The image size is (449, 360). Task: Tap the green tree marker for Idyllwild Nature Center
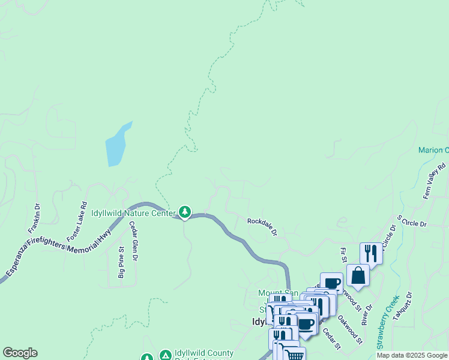pyautogui.click(x=185, y=212)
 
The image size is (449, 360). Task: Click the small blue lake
pyautogui.click(x=118, y=145)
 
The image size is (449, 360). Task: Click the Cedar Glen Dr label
pyautogui.click(x=134, y=241)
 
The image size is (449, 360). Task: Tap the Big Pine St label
pyautogui.click(x=121, y=262)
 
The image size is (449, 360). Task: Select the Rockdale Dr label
pyautogui.click(x=262, y=226)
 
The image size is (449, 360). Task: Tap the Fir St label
pyautogui.click(x=343, y=255)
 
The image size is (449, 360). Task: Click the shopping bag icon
pyautogui.click(x=358, y=275)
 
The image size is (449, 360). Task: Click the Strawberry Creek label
pyautogui.click(x=388, y=322)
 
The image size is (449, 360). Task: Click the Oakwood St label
pyautogui.click(x=349, y=329)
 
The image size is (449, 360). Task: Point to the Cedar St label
pyautogui.click(x=332, y=338)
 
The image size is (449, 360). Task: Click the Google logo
pyautogui.click(x=20, y=353)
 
